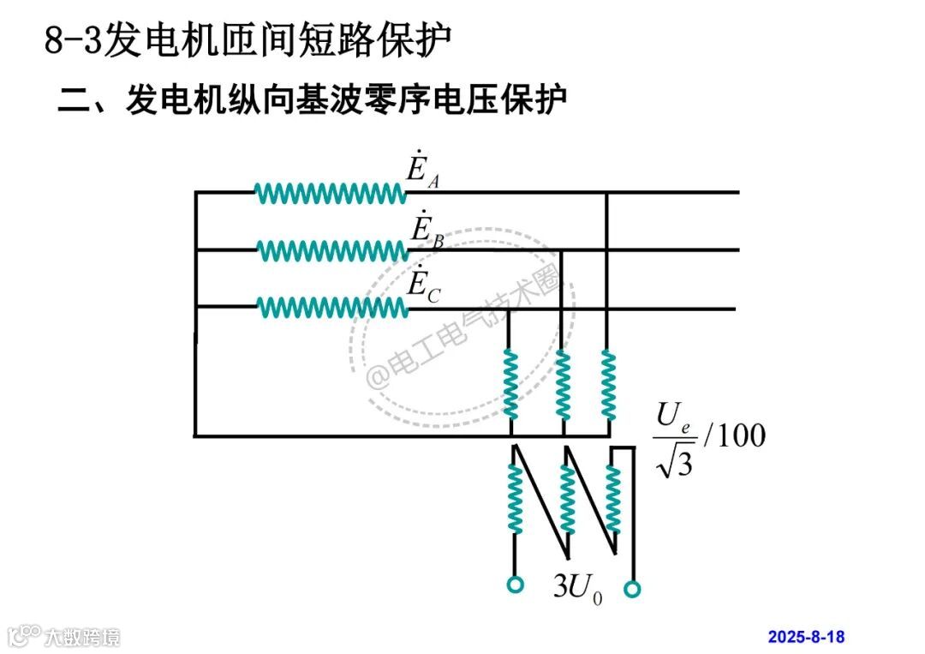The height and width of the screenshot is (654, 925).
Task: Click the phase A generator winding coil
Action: (331, 194)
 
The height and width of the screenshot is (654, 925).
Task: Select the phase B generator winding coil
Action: (332, 250)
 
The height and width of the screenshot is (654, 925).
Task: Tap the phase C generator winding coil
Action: (332, 307)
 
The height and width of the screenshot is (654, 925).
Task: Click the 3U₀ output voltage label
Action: (576, 586)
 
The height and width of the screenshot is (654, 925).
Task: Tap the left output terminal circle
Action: (515, 585)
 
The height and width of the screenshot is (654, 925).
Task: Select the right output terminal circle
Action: (633, 589)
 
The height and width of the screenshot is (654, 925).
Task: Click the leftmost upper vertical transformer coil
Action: (511, 384)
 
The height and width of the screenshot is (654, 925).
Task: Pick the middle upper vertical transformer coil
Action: (563, 384)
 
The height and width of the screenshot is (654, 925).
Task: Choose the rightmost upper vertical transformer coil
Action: (608, 384)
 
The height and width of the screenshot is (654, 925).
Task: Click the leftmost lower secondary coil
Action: (515, 498)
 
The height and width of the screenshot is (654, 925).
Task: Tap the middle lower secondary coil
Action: (567, 498)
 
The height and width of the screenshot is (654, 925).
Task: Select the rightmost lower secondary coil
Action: (613, 498)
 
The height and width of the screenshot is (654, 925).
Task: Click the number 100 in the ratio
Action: (737, 436)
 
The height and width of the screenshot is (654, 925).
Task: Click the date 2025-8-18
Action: (805, 636)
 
